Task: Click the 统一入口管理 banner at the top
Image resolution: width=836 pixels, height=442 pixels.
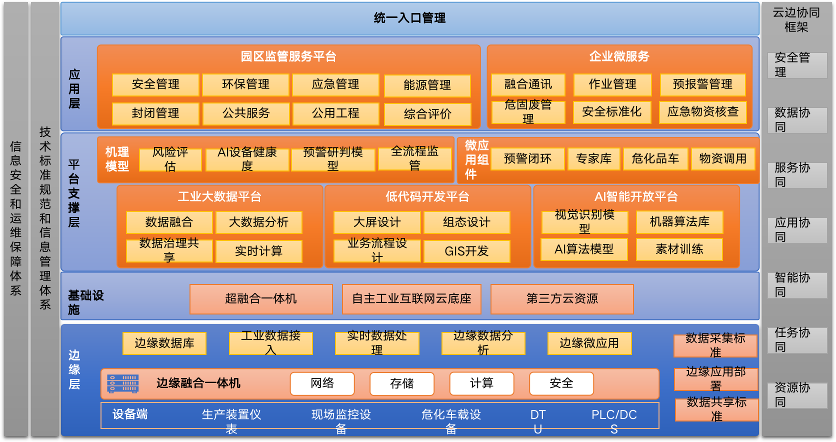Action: [409, 18]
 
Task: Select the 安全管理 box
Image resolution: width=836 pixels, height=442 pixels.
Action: [155, 84]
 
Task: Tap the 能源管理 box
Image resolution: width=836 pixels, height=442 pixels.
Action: [427, 85]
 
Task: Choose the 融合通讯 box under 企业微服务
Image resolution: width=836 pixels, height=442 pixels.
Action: [528, 84]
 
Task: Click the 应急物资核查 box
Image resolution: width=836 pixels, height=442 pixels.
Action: [703, 112]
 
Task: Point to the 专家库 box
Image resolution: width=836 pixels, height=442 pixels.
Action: [593, 159]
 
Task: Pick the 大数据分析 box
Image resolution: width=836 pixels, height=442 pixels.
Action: [258, 222]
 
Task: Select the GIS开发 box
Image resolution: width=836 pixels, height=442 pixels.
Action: [466, 251]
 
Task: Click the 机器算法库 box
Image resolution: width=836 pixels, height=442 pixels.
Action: [679, 221]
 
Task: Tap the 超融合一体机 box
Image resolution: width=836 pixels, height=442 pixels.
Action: [261, 299]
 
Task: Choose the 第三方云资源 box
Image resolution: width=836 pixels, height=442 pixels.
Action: [562, 299]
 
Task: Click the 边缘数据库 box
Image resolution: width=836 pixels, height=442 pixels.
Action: [164, 343]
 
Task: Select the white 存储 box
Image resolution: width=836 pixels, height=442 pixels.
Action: [402, 383]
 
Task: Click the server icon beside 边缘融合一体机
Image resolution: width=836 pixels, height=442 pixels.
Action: [122, 383]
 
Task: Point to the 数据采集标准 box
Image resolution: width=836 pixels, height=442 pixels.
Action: [715, 345]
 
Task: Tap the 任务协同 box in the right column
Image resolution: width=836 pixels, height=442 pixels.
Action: [797, 340]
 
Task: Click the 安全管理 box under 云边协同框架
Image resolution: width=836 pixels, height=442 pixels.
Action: [797, 65]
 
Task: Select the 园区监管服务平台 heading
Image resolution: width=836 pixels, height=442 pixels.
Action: [288, 56]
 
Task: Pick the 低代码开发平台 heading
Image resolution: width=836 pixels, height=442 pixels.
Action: [427, 197]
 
